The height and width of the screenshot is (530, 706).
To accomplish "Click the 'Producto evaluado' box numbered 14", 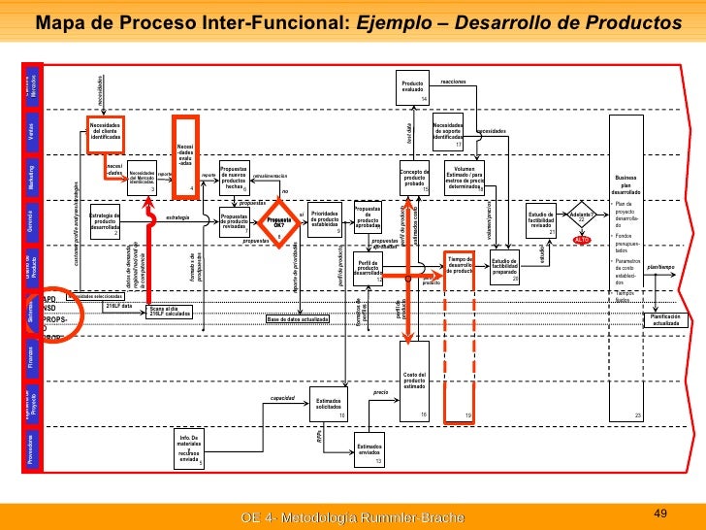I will (x=414, y=89).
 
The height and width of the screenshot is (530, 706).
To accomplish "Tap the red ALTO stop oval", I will (x=582, y=240).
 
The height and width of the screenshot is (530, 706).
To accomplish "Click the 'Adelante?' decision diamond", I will (x=582, y=217).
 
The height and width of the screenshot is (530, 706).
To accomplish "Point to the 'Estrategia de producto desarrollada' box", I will (x=104, y=222).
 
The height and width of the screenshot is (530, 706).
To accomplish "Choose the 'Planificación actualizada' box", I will (x=665, y=319).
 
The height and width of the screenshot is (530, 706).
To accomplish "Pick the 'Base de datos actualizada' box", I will (x=298, y=319).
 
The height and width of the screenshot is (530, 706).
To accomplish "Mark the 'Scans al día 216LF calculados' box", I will (x=170, y=312).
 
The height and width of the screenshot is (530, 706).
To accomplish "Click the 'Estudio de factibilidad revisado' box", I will (x=540, y=220).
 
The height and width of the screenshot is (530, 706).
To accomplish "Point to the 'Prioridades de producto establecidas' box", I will (x=324, y=222).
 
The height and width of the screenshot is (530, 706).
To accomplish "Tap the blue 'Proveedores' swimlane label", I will (x=32, y=451).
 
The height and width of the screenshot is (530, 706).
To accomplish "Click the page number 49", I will (x=663, y=512).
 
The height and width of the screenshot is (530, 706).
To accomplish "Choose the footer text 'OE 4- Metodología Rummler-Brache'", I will (x=352, y=518).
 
